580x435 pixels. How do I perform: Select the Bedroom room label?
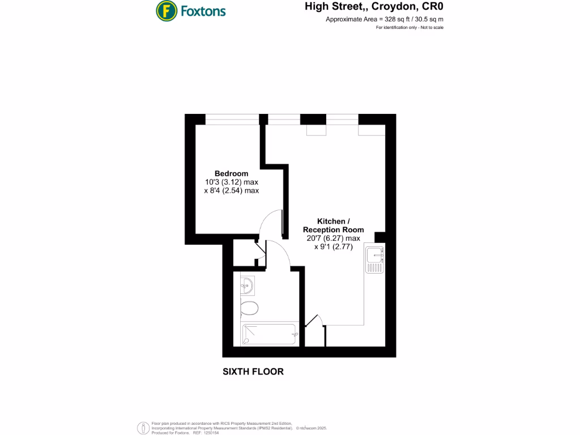click(x=231, y=173)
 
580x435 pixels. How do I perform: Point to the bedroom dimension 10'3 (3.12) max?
click(x=231, y=182)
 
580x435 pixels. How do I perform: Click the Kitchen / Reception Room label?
click(x=333, y=225)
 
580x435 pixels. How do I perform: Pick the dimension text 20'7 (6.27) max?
click(x=333, y=238)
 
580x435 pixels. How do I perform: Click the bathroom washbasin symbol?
click(x=248, y=285)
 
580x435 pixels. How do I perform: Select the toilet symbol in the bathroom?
click(x=248, y=308)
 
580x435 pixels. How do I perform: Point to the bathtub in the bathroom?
click(x=269, y=334)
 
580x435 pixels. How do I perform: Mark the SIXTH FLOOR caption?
click(x=253, y=372)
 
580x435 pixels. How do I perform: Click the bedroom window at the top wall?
click(x=232, y=119)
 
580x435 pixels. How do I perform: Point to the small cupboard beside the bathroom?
click(x=245, y=253)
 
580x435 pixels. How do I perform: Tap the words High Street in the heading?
click(x=329, y=7)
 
